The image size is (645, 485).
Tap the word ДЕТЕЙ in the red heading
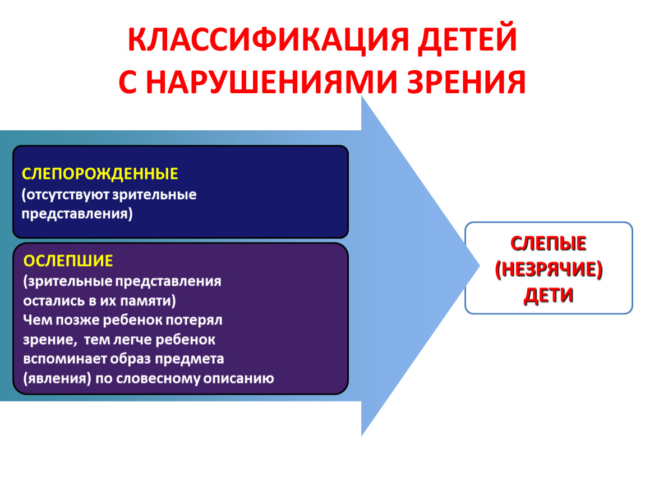467,40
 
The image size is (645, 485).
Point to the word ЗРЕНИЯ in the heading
467,82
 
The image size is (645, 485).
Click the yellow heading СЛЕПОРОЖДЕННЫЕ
100,174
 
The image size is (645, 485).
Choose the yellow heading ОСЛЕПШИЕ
68,260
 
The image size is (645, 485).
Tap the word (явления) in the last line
57,378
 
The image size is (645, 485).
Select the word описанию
238,378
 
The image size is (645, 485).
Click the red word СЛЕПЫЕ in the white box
549,244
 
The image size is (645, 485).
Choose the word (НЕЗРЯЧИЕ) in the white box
549,269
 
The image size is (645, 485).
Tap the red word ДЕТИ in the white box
549,295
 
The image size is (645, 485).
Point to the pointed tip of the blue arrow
479,266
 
